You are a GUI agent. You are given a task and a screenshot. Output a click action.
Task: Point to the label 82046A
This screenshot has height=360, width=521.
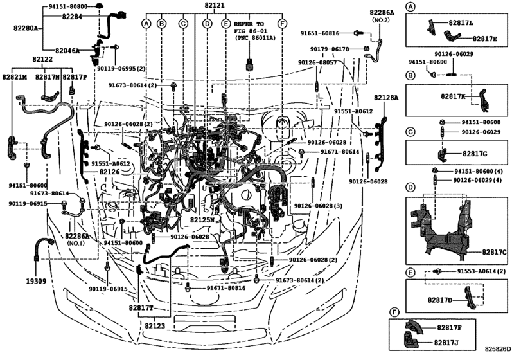(68, 50)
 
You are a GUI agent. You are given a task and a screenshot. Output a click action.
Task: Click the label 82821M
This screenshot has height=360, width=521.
(15, 77)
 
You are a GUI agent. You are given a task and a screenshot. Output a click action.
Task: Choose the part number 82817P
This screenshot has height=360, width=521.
(75, 77)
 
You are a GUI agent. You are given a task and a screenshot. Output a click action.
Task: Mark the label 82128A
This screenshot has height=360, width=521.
(385, 98)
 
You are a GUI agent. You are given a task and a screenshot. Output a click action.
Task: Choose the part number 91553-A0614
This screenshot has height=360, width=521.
(481, 272)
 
